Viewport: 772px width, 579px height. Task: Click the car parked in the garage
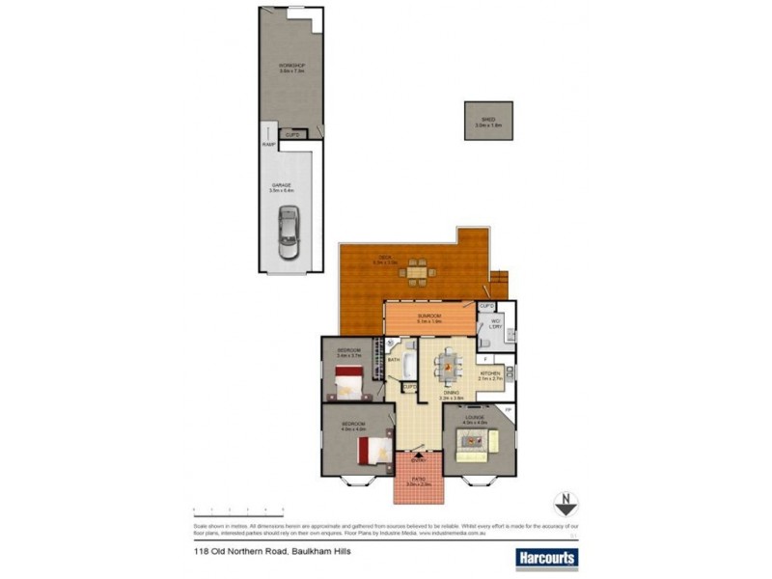tap(289, 233)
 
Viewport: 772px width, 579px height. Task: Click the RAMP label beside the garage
tap(267, 145)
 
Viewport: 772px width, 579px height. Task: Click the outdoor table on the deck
tap(416, 273)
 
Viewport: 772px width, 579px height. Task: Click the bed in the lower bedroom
tap(369, 451)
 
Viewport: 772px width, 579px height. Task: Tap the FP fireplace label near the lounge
tap(509, 411)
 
